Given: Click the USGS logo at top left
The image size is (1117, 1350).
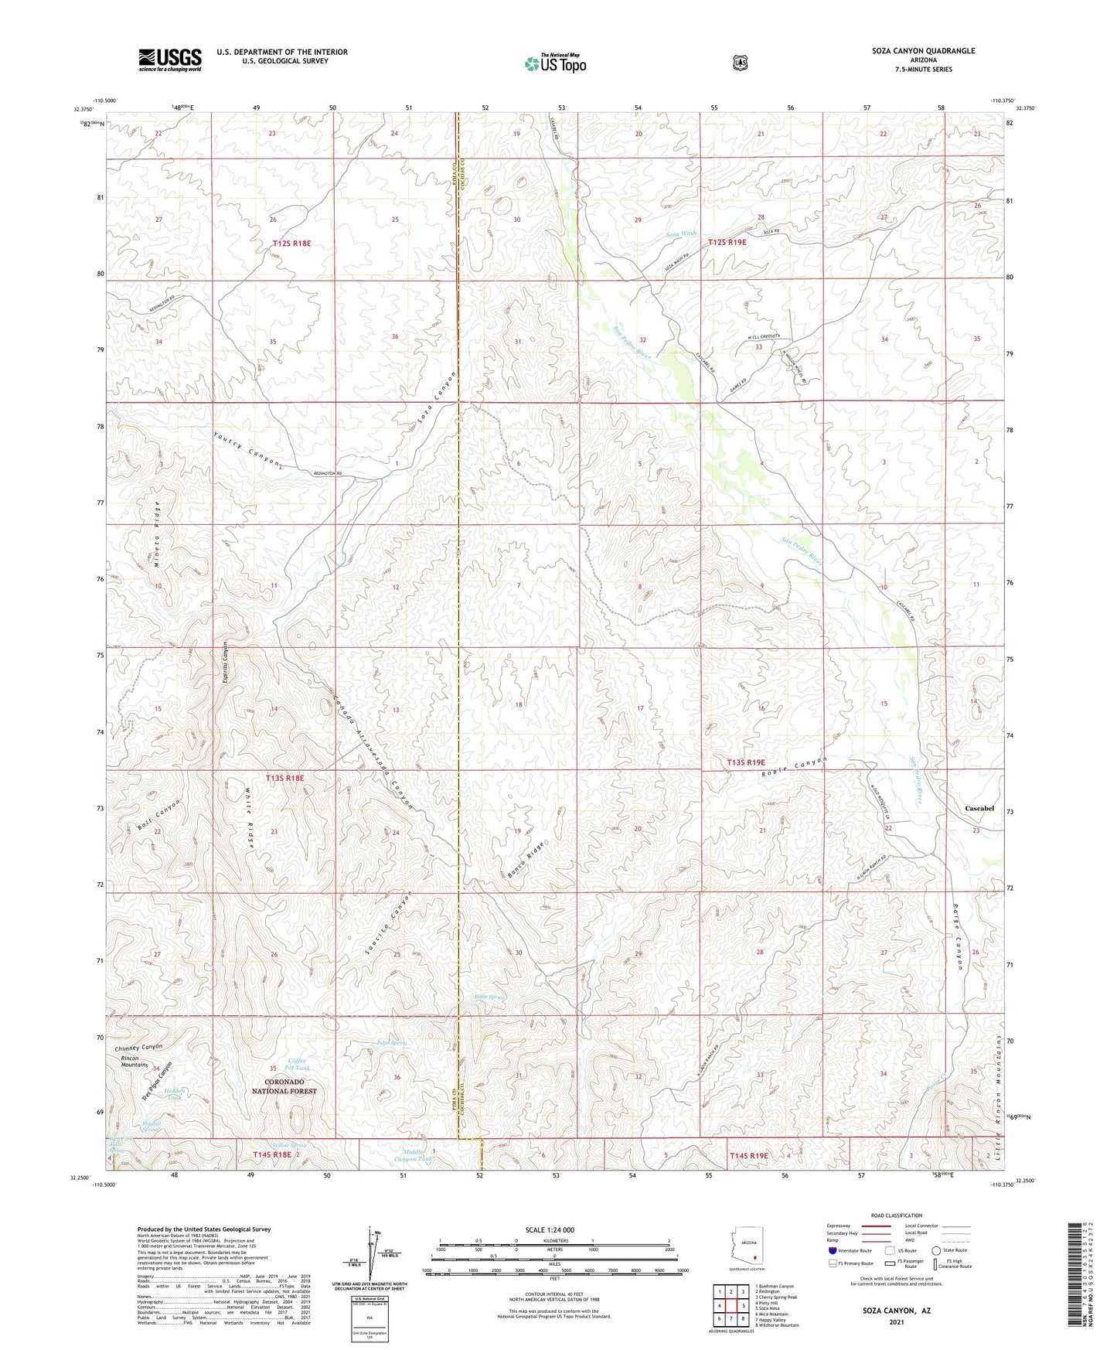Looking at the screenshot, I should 170,59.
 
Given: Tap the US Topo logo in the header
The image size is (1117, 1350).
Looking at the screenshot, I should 555,63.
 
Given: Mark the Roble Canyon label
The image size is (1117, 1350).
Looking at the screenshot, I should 793,768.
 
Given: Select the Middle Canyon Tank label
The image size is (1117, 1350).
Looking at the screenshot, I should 412,1155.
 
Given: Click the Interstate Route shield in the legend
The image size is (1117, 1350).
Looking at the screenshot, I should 832,1250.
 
